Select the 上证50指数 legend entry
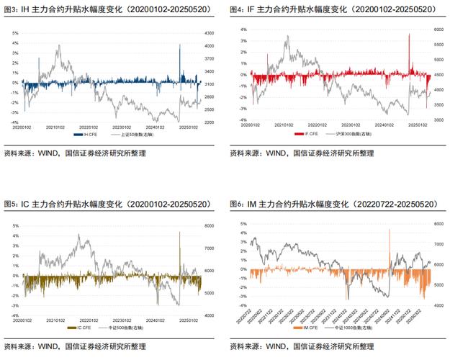click(x=131, y=135)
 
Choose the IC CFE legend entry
click(x=81, y=328)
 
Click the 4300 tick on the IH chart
click(x=210, y=33)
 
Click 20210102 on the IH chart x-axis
click(x=56, y=127)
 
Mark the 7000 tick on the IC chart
click(x=210, y=248)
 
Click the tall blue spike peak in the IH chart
click(x=179, y=45)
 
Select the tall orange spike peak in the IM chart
click(x=390, y=230)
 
